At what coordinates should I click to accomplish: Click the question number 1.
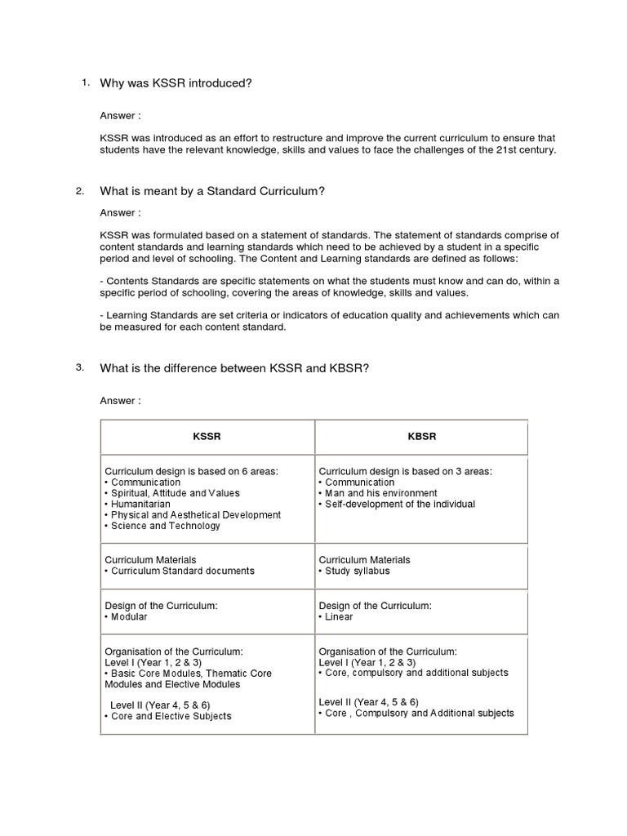[x=85, y=82]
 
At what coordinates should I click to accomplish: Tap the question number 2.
[x=79, y=191]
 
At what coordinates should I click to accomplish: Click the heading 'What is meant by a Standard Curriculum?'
[x=212, y=191]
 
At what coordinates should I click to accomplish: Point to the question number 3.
[x=79, y=367]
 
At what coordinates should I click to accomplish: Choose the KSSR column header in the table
[x=207, y=437]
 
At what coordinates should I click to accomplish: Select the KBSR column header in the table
[x=421, y=437]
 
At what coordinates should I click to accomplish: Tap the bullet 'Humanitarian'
[x=142, y=505]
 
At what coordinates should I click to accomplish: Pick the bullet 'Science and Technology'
[x=166, y=526]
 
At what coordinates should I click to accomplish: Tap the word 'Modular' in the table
[x=129, y=616]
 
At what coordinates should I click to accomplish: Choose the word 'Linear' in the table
[x=339, y=616]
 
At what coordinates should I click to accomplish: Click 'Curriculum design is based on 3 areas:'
[x=405, y=471]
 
